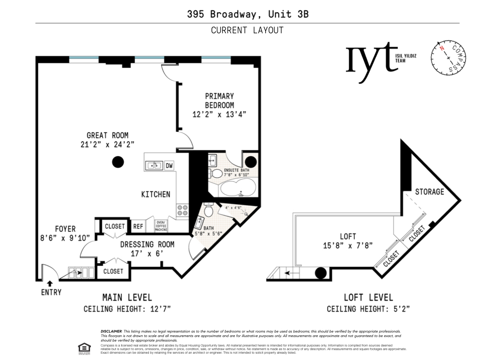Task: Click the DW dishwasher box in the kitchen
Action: (x=169, y=166)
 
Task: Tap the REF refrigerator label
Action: (x=138, y=226)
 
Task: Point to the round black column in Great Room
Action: (x=118, y=162)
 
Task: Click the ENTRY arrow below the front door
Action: (x=49, y=283)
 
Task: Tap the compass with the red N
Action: (x=448, y=58)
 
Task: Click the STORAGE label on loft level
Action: (x=429, y=192)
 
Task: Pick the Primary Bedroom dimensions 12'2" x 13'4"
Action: (x=219, y=114)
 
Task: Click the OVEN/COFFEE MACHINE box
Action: (x=161, y=226)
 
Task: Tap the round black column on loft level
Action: (x=320, y=273)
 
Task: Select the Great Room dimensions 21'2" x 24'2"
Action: (x=107, y=144)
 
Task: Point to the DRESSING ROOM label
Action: (x=147, y=244)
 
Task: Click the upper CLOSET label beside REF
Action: (x=114, y=226)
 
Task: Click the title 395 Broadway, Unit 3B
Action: (x=247, y=14)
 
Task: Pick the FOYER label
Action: (x=65, y=229)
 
